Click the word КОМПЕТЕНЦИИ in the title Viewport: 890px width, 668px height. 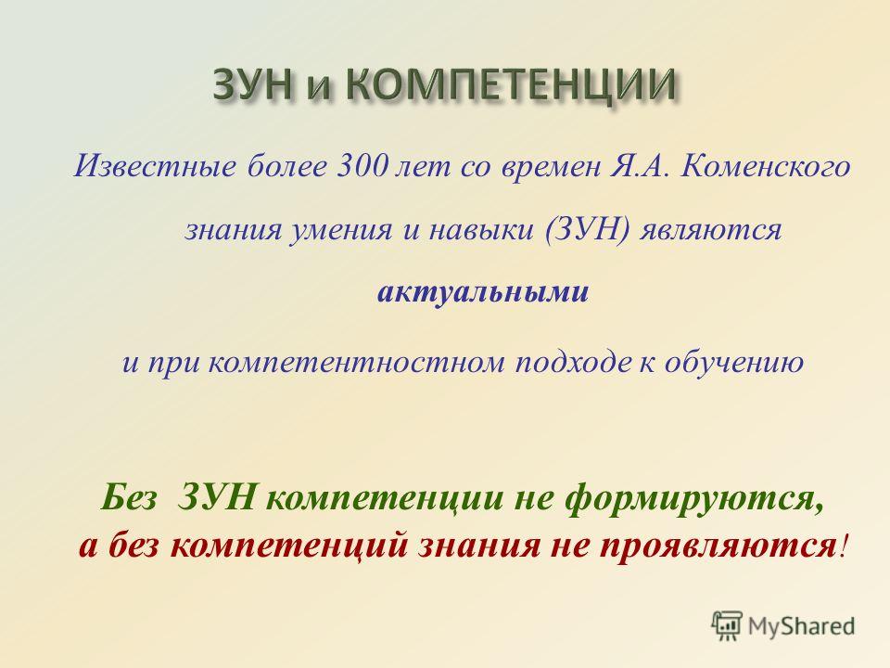click(510, 87)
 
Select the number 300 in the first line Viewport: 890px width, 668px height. click(358, 166)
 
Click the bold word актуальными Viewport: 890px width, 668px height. click(482, 292)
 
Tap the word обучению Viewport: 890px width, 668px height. click(734, 361)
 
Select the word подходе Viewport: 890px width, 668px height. click(573, 362)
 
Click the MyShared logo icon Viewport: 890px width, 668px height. click(727, 625)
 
